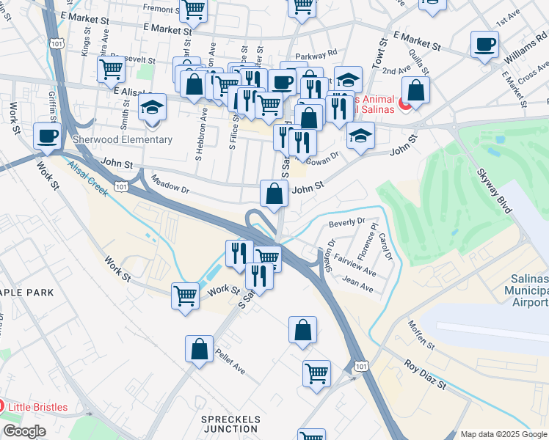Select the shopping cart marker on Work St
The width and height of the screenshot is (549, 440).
pos(186,296)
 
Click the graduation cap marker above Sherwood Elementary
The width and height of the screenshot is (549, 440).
pos(152,106)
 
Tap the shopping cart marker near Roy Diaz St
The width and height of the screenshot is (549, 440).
pos(317,373)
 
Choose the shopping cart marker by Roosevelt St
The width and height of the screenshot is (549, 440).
pos(111,68)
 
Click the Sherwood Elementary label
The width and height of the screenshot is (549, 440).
pos(123,139)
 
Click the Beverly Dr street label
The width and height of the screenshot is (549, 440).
pos(347,221)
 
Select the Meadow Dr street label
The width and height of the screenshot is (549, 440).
pos(170,183)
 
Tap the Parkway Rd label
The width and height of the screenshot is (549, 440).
pos(316,54)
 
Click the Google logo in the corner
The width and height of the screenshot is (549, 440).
pos(24,431)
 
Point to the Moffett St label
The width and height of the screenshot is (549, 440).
pos(422,334)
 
